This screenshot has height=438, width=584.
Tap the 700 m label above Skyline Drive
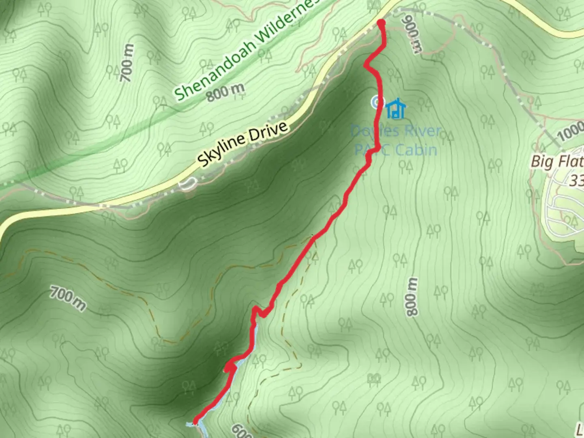click(127, 62)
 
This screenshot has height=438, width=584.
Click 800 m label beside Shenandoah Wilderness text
click(225, 92)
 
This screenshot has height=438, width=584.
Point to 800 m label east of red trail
click(412, 296)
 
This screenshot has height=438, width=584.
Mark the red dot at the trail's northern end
click(381, 23)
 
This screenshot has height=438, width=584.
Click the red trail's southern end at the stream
click(195, 422)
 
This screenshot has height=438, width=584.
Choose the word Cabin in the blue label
click(416, 150)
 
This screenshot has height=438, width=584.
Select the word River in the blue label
click(421, 131)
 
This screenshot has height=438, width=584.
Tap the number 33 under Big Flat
click(576, 180)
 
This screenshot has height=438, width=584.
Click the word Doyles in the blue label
click(371, 131)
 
